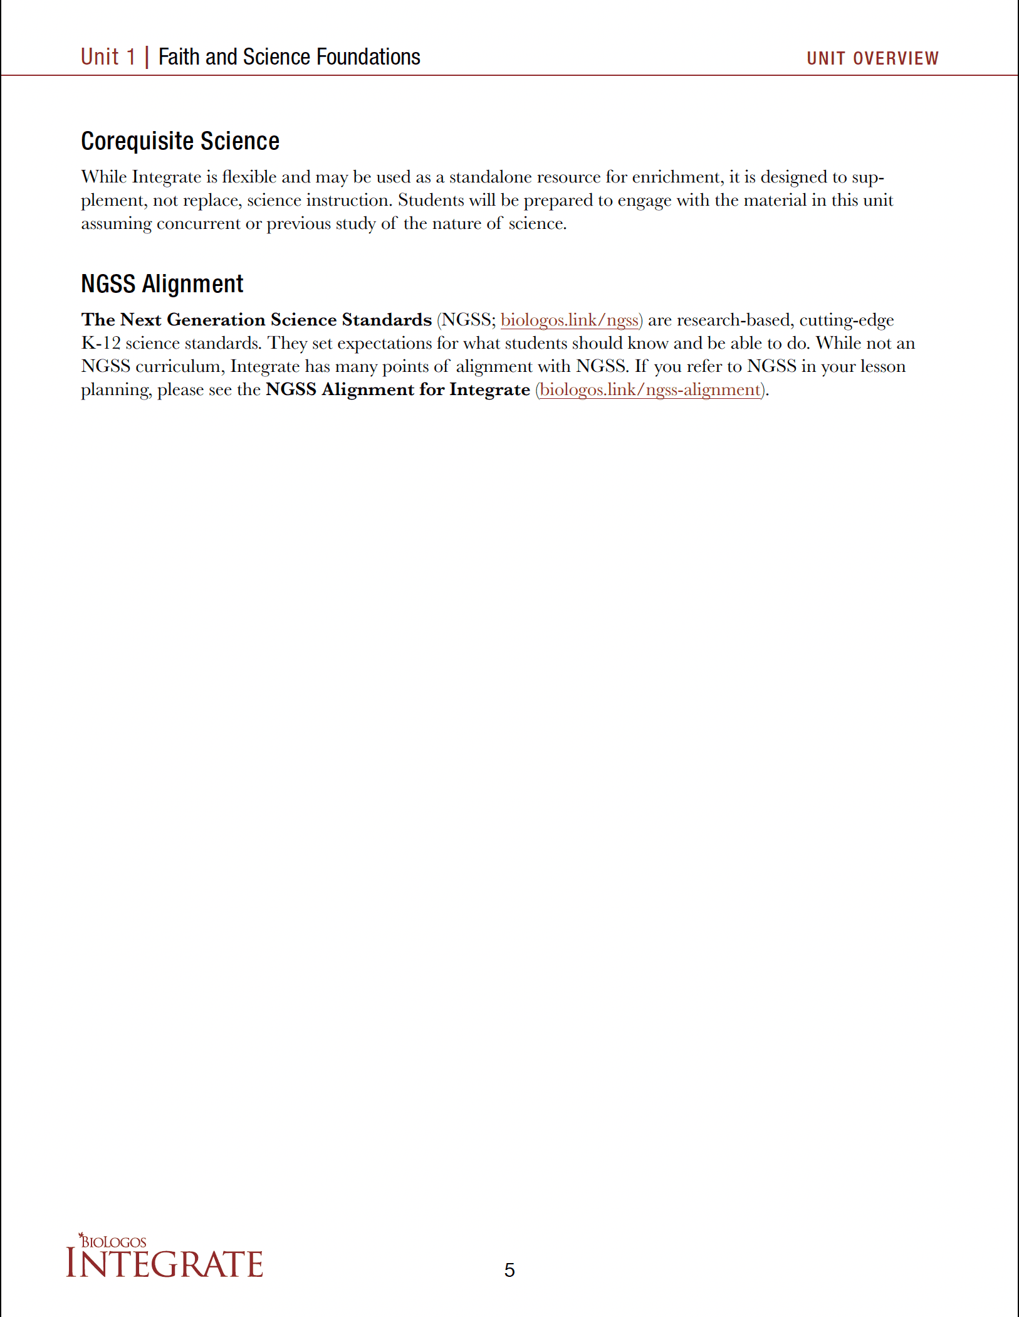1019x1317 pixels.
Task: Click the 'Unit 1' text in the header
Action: [x=108, y=57]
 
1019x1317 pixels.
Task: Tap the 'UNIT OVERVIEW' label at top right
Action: [x=872, y=58]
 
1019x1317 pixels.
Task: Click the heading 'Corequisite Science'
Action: [x=180, y=141]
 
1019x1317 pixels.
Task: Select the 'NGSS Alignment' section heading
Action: [x=162, y=284]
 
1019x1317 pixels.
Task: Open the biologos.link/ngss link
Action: [x=570, y=320]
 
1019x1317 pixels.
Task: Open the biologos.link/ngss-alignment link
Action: [x=650, y=389]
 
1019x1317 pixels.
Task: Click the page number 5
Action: [x=509, y=1270]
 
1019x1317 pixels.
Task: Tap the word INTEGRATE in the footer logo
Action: [x=164, y=1264]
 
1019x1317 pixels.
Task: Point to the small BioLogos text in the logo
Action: [x=113, y=1242]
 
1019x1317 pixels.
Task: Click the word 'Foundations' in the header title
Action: [x=368, y=57]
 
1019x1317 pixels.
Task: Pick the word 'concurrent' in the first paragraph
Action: [x=198, y=224]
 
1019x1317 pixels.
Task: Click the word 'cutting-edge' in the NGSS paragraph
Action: [x=846, y=320]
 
